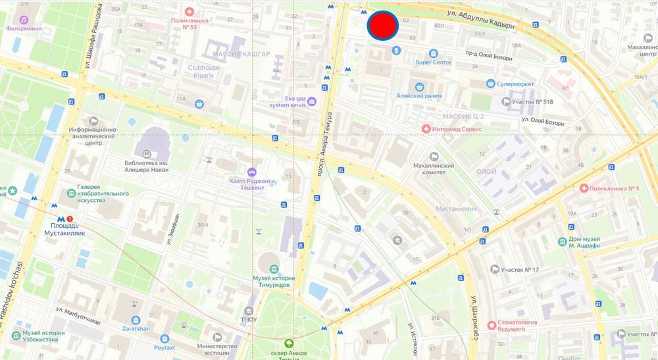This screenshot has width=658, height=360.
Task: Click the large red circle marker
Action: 382,26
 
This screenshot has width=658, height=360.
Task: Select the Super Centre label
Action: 433,63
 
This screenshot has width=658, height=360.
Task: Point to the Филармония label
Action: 24,28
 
